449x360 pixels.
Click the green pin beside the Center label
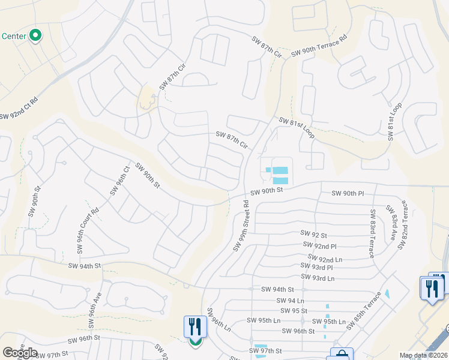[x=35, y=36]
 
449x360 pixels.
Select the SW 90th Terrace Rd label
[x=319, y=46]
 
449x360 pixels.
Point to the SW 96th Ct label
[x=119, y=181]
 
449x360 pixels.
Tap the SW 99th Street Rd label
[x=241, y=226]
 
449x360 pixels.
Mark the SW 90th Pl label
[x=348, y=193]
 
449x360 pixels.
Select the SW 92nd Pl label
[x=321, y=246]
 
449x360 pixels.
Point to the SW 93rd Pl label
[x=316, y=268]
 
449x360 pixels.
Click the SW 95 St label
[x=294, y=311]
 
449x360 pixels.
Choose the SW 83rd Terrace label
[x=373, y=233]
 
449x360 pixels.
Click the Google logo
[x=19, y=353]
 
